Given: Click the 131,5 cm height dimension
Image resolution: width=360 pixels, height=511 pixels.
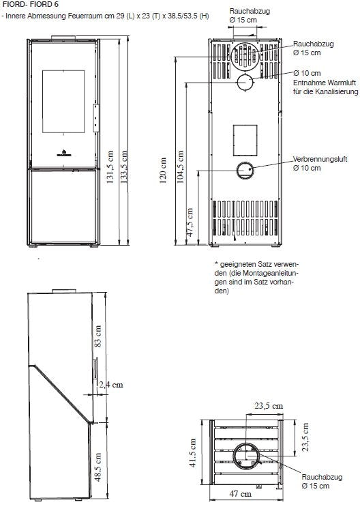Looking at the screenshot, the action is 110,167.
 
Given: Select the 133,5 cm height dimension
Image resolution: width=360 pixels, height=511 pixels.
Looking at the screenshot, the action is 124,167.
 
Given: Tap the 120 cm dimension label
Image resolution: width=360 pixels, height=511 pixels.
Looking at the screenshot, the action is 163,171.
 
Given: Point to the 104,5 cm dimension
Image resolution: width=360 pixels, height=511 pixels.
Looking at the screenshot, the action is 180,167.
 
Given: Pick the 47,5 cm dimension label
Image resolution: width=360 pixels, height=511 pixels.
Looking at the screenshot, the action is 190,222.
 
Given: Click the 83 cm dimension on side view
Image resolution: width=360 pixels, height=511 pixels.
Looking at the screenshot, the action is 97,336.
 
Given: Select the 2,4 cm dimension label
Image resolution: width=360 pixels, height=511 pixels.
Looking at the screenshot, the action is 111,385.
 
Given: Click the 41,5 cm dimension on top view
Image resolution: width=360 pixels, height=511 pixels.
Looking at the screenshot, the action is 193,452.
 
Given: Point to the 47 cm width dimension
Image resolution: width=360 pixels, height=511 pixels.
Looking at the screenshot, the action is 241,494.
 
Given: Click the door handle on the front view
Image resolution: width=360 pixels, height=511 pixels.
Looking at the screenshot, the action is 96,118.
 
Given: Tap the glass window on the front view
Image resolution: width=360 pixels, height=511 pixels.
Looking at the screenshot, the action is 63,102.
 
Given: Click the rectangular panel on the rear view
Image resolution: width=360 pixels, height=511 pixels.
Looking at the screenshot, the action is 245,140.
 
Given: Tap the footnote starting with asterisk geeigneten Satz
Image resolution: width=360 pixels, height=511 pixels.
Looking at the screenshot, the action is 256,277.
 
